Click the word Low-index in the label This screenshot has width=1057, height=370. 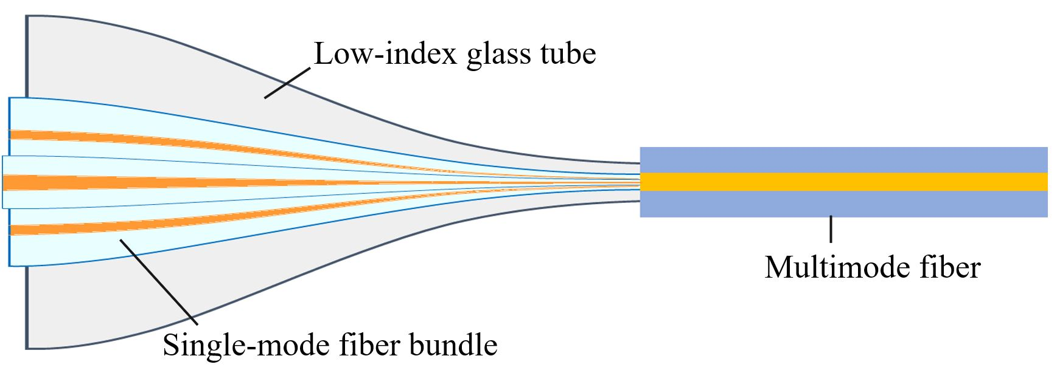(x=385, y=54)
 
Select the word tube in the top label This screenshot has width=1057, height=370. (x=568, y=54)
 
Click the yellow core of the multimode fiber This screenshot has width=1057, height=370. (x=843, y=182)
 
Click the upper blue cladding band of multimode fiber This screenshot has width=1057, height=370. (x=843, y=160)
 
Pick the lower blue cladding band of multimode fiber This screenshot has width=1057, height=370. (x=843, y=204)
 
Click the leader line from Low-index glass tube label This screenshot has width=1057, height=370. (x=287, y=82)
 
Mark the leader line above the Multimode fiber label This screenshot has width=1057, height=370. (x=831, y=229)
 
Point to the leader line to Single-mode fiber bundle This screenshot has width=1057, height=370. (x=158, y=280)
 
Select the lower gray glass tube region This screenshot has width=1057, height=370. (x=91, y=304)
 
